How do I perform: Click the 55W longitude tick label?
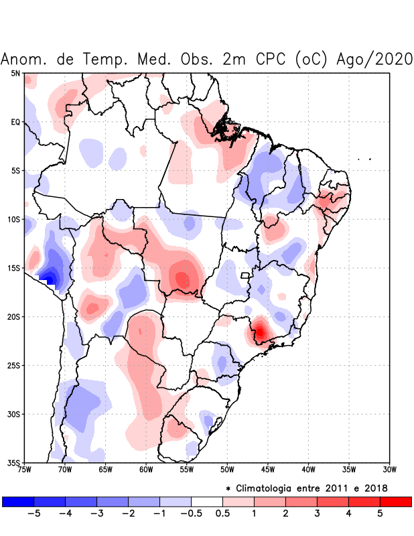tap(186, 469)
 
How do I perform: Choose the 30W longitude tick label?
tap(390, 469)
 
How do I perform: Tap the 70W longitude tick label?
tap(64, 469)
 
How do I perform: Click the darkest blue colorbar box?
tap(18, 501)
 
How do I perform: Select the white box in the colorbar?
tap(206, 501)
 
